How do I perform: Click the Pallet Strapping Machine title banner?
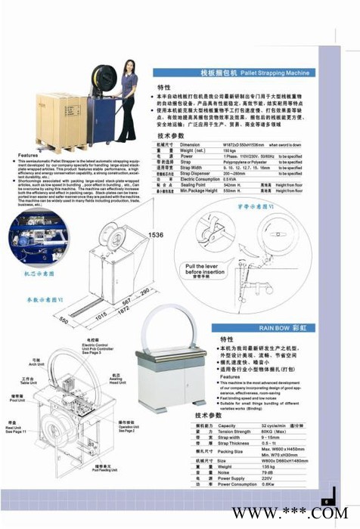click(234, 73)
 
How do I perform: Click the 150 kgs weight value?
click(233, 150)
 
